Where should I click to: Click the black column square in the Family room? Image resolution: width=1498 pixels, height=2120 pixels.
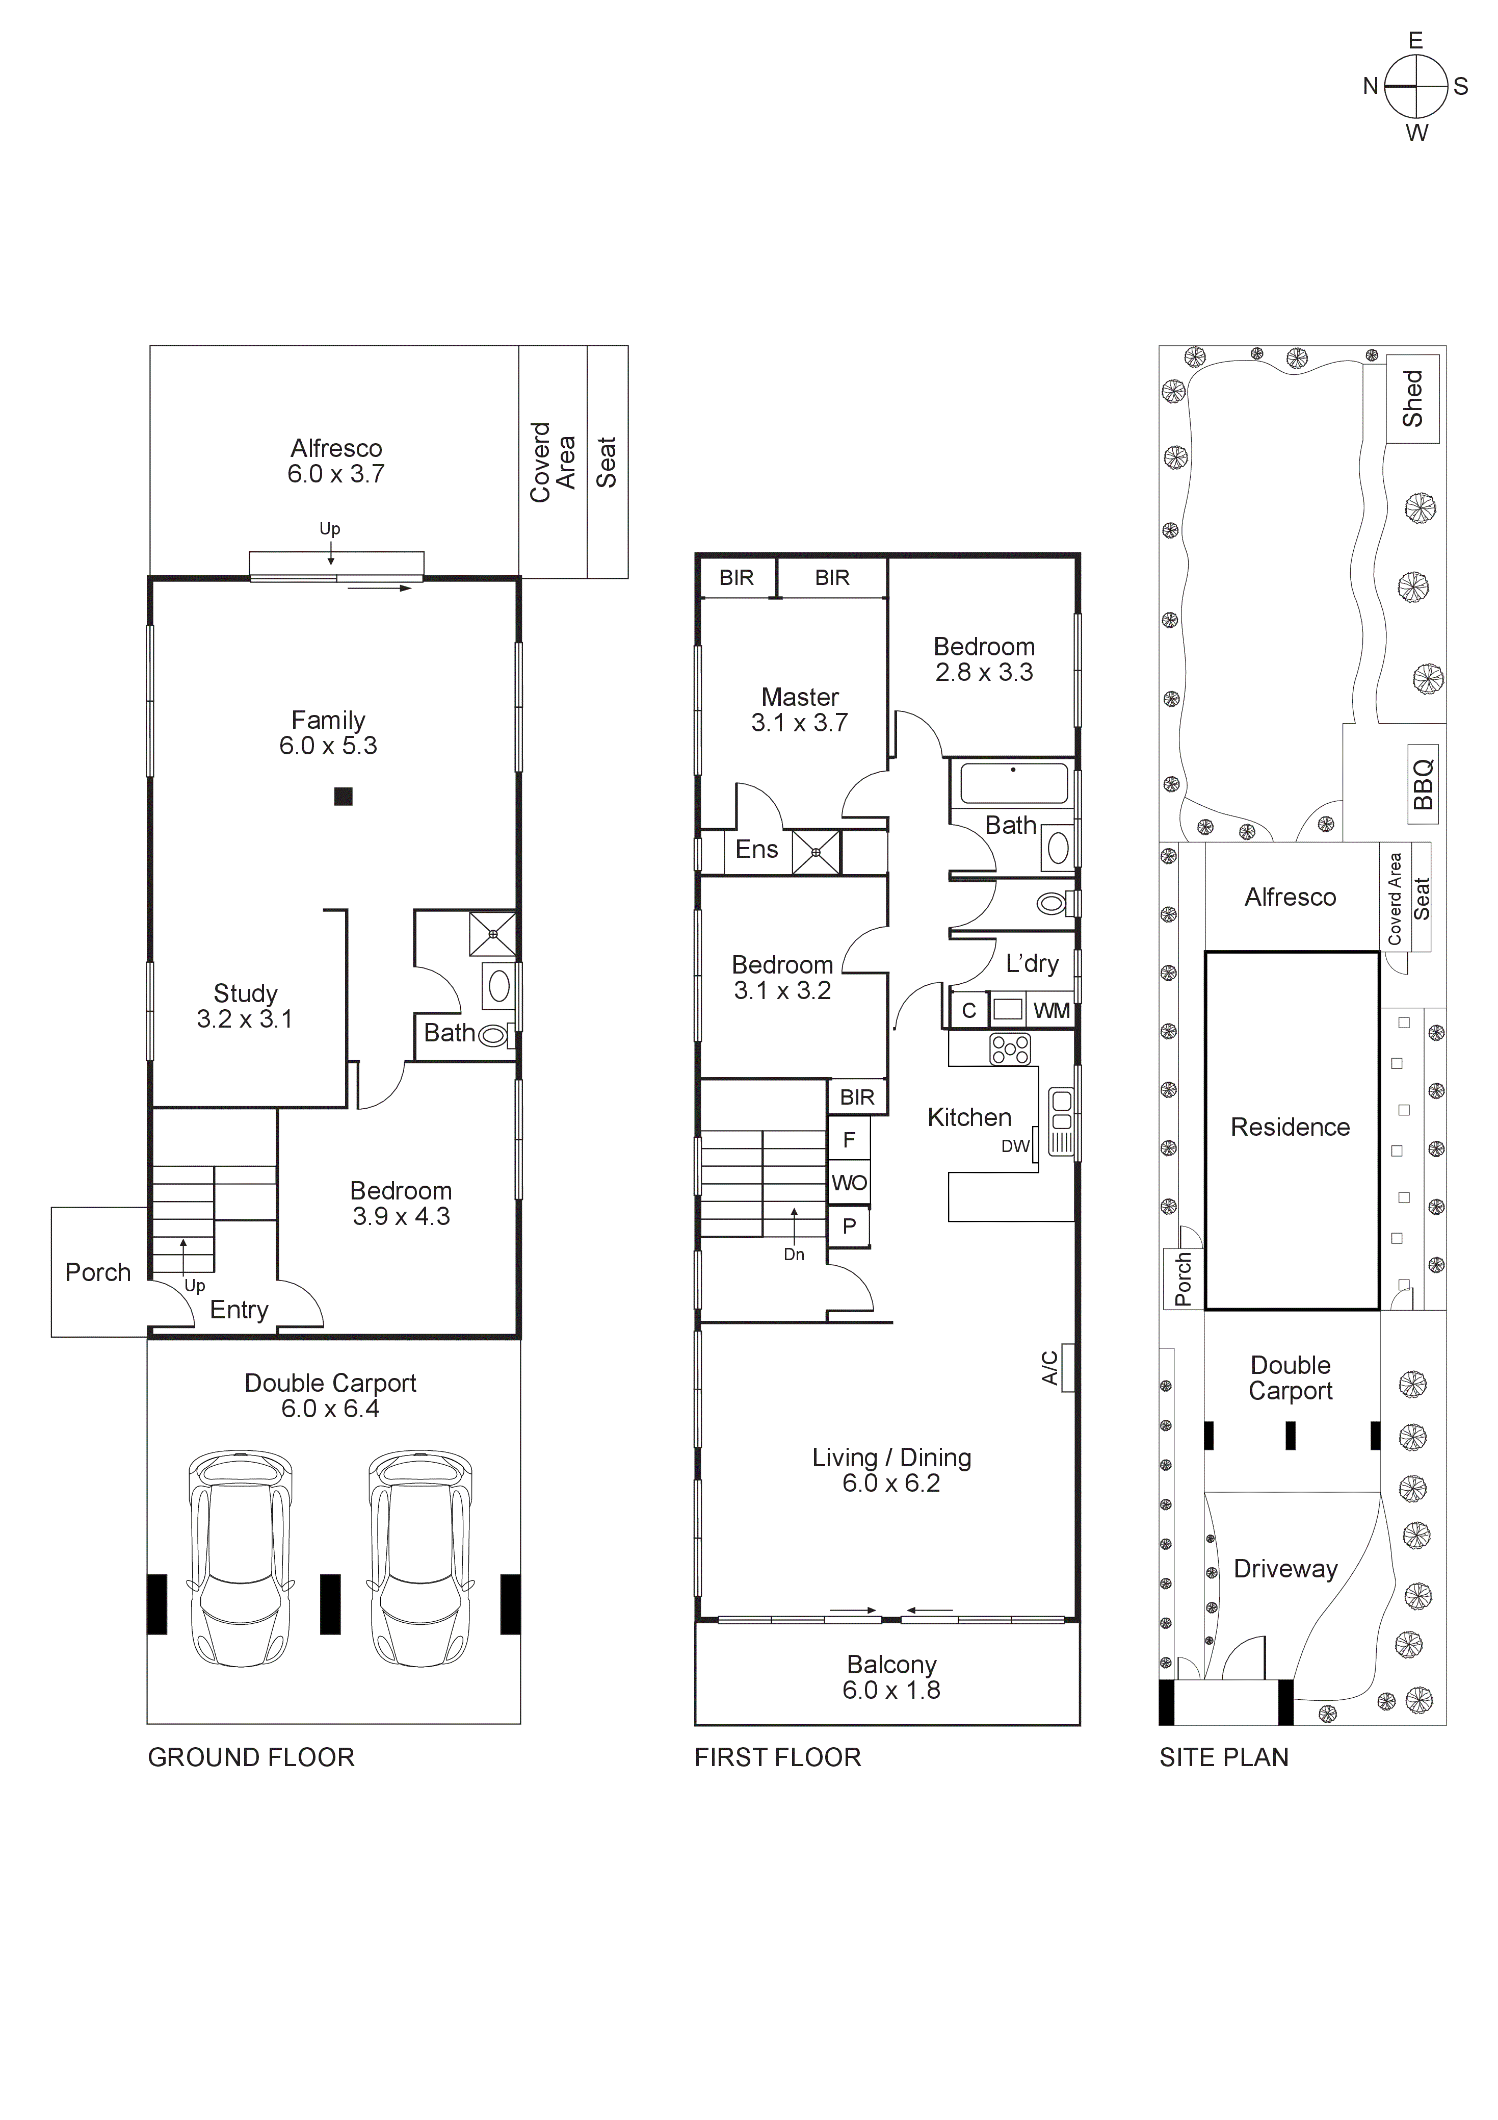(344, 796)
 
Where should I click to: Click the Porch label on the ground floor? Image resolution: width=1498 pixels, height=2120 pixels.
(98, 1272)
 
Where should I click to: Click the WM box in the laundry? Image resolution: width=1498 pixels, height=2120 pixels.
(1052, 1010)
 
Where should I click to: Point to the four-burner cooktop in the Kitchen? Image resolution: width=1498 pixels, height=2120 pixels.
(1011, 1049)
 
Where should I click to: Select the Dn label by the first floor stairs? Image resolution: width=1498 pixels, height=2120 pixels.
(794, 1254)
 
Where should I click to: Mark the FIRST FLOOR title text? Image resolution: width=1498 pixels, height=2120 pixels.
(777, 1757)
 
